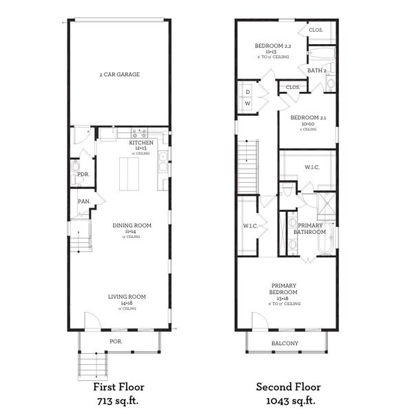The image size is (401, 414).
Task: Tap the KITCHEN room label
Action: (x=141, y=142)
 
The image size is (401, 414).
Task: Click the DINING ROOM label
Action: (x=132, y=225)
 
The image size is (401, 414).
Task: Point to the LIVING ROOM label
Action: (x=127, y=297)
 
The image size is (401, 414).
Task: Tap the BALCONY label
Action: (x=285, y=343)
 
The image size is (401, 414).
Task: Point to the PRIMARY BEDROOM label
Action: (x=284, y=286)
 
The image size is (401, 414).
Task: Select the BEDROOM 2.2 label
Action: (x=274, y=46)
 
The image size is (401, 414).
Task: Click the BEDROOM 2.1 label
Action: (x=308, y=118)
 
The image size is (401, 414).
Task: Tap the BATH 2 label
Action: (x=317, y=70)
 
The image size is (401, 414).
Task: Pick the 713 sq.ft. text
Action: (x=119, y=400)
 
